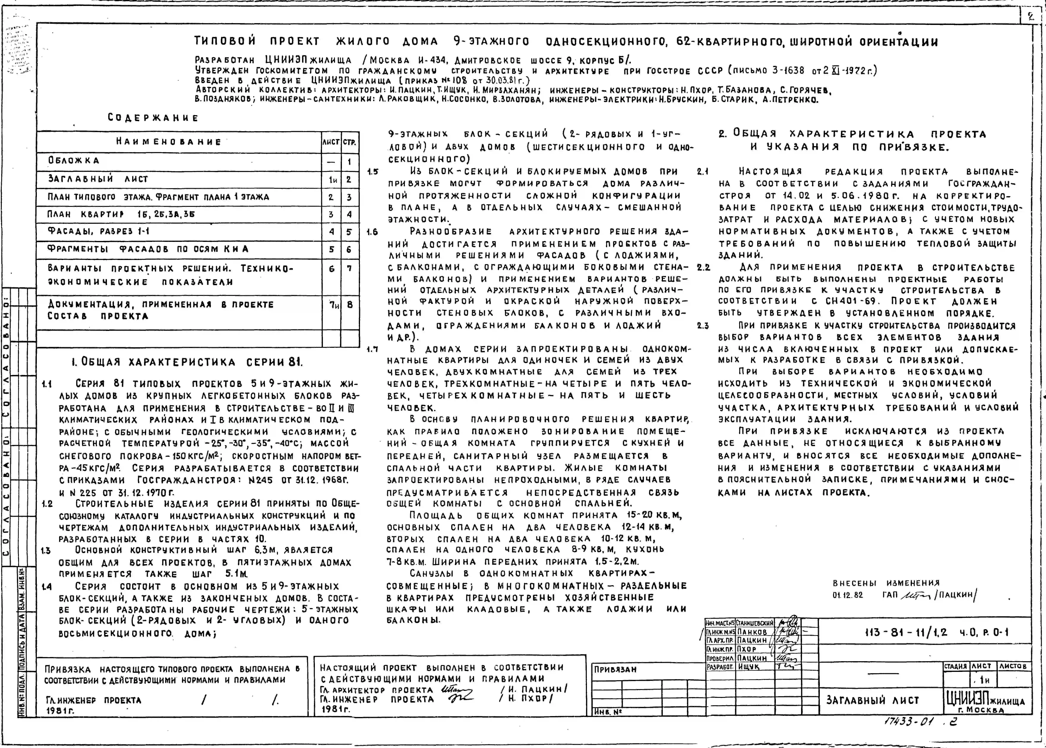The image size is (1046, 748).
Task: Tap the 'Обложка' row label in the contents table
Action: [x=74, y=161]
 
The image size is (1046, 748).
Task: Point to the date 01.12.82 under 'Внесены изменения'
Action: [x=847, y=595]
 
